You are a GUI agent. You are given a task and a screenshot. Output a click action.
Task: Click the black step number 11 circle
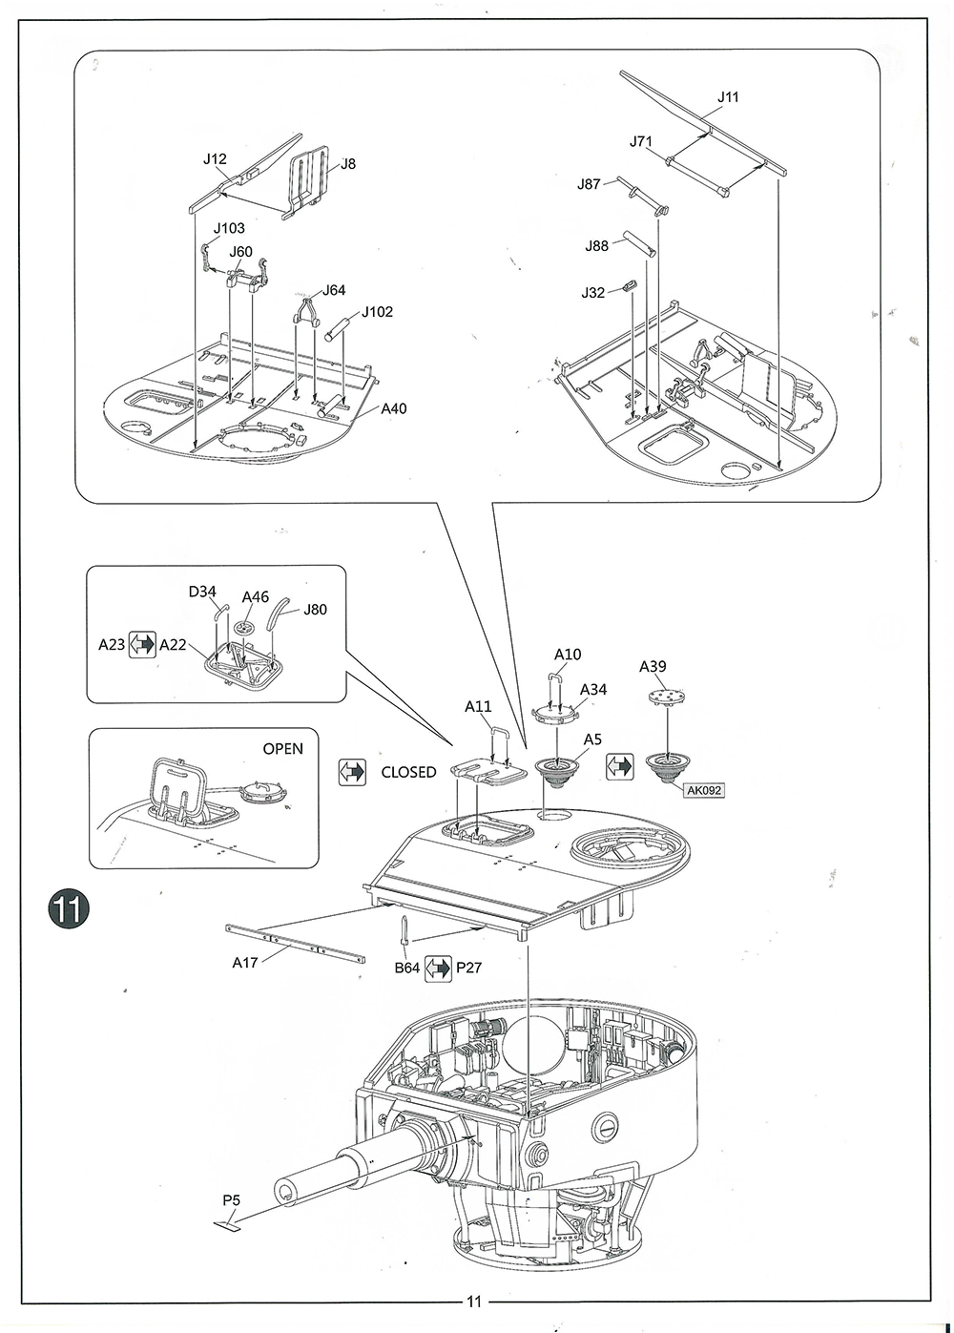(68, 908)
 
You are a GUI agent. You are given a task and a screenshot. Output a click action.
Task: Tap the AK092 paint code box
(704, 790)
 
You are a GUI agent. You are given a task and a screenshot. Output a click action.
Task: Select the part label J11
(728, 97)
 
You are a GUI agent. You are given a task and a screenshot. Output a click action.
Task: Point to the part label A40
(393, 408)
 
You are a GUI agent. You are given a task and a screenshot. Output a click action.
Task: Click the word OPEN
(282, 749)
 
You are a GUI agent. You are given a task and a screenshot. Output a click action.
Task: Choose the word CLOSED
(409, 772)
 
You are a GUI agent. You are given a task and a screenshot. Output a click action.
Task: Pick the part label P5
(231, 1200)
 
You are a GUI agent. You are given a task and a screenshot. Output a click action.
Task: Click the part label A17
(244, 962)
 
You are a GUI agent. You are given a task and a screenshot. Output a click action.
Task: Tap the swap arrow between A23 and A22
(142, 644)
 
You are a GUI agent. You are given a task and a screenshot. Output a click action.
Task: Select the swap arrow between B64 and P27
(438, 969)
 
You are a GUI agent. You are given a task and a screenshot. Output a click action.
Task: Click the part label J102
(378, 312)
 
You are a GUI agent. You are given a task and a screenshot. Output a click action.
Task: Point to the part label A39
(653, 666)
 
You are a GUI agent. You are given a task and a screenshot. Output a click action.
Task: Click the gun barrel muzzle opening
(286, 1190)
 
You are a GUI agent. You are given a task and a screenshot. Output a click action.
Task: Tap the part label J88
(596, 246)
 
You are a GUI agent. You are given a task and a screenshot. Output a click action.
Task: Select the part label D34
(201, 592)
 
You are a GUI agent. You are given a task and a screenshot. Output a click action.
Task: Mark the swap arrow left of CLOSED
(352, 772)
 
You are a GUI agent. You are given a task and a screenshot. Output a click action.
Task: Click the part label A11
(478, 706)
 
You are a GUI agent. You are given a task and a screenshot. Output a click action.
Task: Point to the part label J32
(592, 292)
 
